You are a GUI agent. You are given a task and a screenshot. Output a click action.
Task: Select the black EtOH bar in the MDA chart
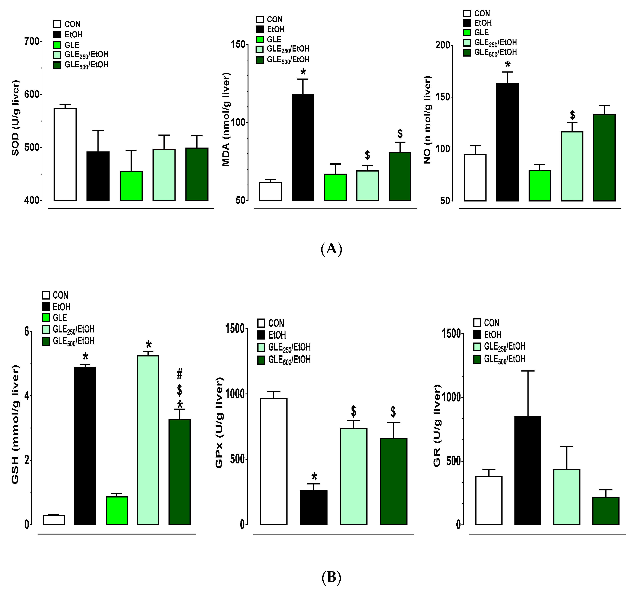point(303,147)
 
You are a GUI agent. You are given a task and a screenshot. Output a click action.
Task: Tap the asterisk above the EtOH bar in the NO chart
point(508,65)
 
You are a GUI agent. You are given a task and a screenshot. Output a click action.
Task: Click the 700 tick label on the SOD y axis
point(31,41)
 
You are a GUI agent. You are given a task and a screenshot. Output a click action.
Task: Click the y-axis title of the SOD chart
point(15,118)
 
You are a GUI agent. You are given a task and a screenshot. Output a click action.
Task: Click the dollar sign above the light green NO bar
point(572,115)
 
